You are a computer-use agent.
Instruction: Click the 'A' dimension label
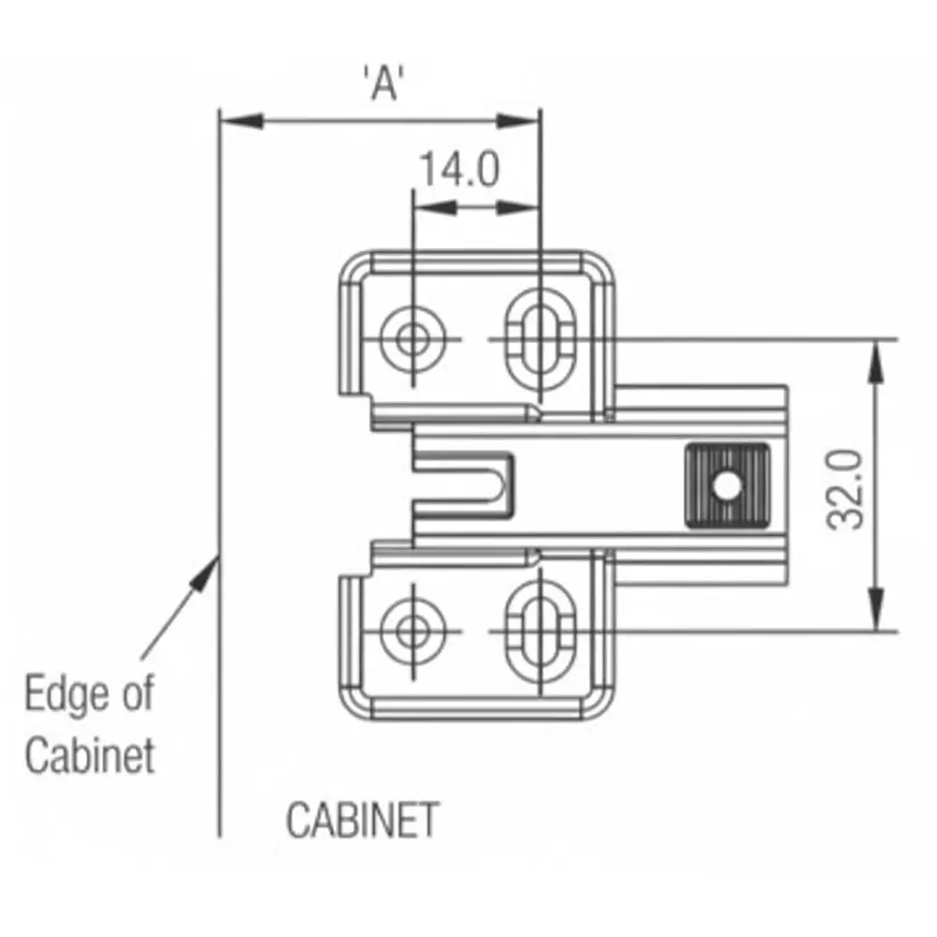click(x=381, y=82)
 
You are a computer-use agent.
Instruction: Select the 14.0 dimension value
click(x=458, y=171)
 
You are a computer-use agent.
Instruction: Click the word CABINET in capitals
click(x=362, y=821)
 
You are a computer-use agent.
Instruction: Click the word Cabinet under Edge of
click(x=90, y=755)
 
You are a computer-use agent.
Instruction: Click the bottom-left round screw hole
click(x=411, y=631)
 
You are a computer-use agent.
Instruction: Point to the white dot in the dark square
click(x=724, y=486)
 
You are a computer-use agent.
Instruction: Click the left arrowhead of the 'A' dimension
click(x=239, y=121)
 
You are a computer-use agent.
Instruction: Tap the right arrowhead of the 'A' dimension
click(x=519, y=121)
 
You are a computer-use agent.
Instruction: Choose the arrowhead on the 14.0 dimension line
click(x=519, y=208)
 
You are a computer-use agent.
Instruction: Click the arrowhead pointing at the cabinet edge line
click(x=208, y=569)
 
